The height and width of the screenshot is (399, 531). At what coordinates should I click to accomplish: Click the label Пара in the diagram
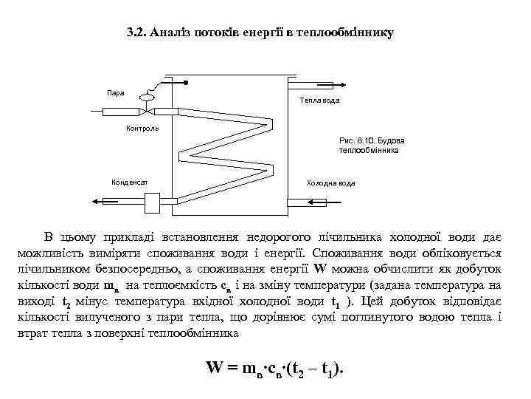116,93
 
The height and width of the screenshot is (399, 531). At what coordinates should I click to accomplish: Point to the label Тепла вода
319,100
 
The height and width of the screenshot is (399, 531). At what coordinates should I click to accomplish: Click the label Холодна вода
330,183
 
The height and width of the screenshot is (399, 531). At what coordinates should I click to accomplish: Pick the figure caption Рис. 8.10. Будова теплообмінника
372,145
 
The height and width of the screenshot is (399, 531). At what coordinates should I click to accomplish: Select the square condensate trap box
153,201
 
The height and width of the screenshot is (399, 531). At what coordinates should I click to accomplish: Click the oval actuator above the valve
146,96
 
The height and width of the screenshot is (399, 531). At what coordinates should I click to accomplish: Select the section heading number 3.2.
134,33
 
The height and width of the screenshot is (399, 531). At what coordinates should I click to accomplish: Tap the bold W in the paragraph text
319,268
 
